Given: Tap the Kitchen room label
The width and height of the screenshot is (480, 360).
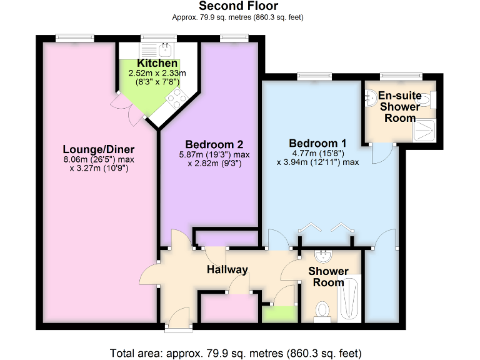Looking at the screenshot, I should click(157, 64).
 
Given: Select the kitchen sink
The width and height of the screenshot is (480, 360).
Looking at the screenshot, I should click(165, 49).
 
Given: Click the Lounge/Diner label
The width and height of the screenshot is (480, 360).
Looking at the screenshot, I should click(99, 149).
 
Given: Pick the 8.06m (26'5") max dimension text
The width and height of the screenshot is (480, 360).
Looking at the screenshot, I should click(99, 159).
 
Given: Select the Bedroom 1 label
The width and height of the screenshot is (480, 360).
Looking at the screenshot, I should click(317, 142).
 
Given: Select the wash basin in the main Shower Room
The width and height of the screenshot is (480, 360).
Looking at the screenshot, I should click(324, 256).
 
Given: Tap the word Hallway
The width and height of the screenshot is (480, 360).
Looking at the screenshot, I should click(227, 269).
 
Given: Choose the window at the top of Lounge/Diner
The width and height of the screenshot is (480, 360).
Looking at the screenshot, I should click(70, 38).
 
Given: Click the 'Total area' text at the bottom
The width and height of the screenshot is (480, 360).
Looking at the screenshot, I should click(236, 352).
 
